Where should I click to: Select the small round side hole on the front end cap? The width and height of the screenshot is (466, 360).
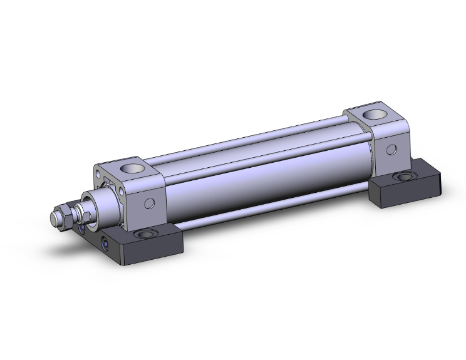tap(150, 203)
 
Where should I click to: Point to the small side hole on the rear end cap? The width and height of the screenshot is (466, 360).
tap(391, 150)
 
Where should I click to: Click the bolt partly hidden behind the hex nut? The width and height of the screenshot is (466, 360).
tap(81, 229)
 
